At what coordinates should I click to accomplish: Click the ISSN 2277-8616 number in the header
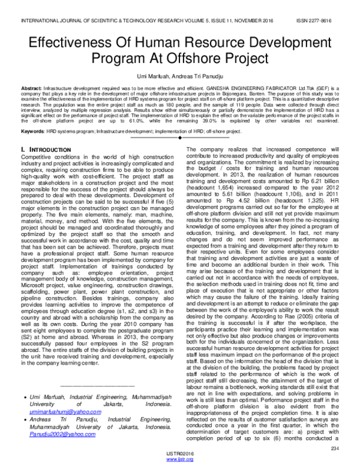tap(324, 19)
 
